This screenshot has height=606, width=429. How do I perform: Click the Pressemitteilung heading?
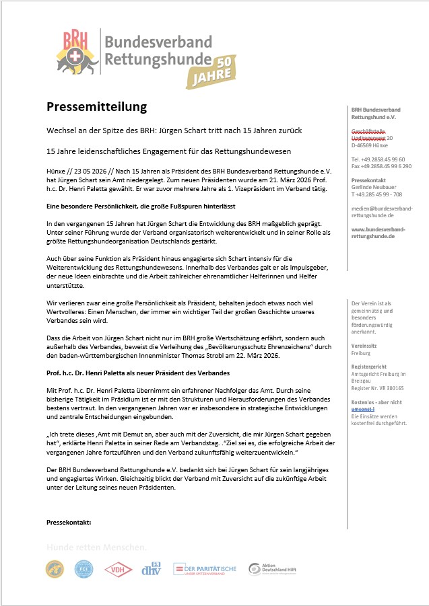click(96, 107)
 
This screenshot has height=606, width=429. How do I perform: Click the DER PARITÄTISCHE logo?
click(205, 569)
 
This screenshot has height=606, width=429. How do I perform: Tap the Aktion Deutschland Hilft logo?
click(272, 569)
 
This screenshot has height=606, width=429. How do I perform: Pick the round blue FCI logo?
click(84, 569)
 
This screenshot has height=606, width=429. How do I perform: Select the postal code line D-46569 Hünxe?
click(370, 145)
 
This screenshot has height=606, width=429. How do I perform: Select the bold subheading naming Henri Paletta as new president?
click(138, 373)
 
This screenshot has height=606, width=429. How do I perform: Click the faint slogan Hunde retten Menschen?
click(96, 547)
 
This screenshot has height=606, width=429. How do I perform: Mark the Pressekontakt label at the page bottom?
click(69, 522)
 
